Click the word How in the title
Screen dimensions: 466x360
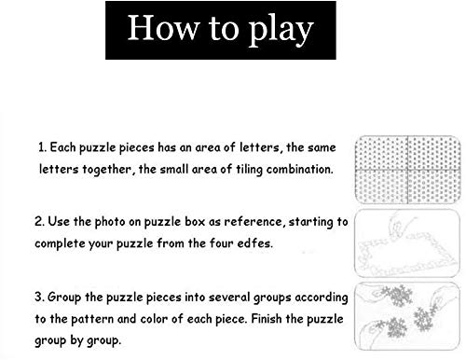(163, 27)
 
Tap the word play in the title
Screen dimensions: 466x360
(281, 31)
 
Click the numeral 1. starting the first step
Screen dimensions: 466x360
(42, 147)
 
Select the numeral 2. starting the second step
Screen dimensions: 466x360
(39, 221)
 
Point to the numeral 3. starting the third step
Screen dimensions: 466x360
(39, 297)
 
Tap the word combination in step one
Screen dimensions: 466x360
(299, 169)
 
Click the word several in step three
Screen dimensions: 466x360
(229, 297)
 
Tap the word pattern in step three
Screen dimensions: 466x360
(92, 319)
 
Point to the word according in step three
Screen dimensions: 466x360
(322, 298)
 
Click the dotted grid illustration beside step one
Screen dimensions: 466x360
(407, 170)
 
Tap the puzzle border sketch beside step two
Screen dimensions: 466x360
(407, 243)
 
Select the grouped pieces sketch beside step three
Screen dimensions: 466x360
(407, 316)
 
